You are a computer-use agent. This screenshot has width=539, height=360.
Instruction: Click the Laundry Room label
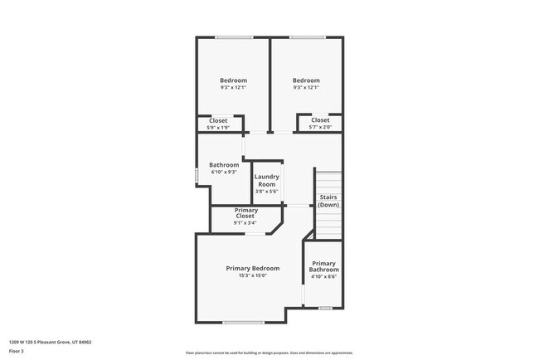266,180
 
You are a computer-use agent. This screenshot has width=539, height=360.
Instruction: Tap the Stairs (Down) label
328,201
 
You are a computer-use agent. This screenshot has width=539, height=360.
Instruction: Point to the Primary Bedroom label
253,268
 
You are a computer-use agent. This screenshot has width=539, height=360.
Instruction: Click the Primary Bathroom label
323,266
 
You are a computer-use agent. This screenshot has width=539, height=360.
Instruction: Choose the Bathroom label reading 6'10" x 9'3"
224,165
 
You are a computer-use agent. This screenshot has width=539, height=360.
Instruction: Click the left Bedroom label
233,80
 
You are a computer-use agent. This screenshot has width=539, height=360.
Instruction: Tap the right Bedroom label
306,80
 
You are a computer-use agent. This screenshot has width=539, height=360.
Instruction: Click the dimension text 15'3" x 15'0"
253,275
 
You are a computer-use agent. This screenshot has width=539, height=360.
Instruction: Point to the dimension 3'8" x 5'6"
266,191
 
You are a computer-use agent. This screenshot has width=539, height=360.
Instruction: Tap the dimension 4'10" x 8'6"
323,277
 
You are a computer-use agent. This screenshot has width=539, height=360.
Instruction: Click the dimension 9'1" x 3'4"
245,221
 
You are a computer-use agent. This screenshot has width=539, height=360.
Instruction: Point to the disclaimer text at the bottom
269,353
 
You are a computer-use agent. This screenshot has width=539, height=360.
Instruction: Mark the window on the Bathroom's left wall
197,176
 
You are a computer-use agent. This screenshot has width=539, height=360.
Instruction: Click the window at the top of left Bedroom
234,36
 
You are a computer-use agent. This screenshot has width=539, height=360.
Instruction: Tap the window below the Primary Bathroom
325,309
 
